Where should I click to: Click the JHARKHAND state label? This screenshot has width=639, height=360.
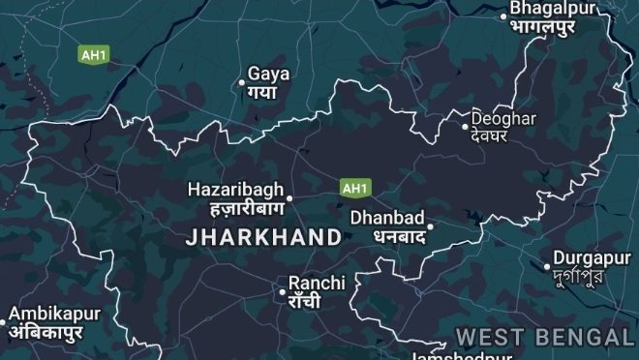pyautogui.click(x=262, y=237)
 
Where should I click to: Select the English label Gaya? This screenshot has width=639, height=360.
pyautogui.click(x=268, y=74)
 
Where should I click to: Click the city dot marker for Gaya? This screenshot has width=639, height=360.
pyautogui.click(x=242, y=83)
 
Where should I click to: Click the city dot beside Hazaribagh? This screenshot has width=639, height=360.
pyautogui.click(x=289, y=198)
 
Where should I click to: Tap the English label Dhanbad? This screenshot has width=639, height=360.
pyautogui.click(x=387, y=218)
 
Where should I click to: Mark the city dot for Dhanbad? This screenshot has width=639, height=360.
pyautogui.click(x=429, y=227)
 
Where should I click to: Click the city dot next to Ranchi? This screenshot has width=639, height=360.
pyautogui.click(x=282, y=291)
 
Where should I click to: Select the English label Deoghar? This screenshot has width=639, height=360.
pyautogui.click(x=502, y=117)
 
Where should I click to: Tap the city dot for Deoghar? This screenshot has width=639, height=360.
pyautogui.click(x=465, y=125)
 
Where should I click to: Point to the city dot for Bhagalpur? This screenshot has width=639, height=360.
pyautogui.click(x=503, y=15)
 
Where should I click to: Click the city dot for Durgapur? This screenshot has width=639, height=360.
pyautogui.click(x=547, y=266)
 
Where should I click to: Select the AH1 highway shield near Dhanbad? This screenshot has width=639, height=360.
pyautogui.click(x=354, y=186)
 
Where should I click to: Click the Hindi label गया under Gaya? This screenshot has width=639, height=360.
pyautogui.click(x=261, y=92)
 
